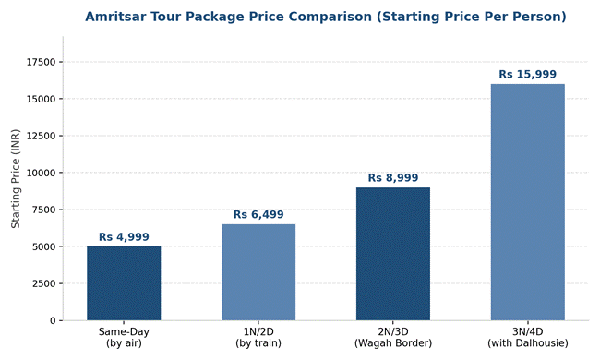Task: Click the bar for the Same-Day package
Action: pyautogui.click(x=124, y=283)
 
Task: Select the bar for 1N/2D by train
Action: pyautogui.click(x=258, y=272)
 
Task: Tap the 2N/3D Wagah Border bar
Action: pyautogui.click(x=393, y=254)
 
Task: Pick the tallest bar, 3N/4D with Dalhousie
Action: pyautogui.click(x=528, y=202)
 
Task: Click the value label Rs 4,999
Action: pyautogui.click(x=124, y=237)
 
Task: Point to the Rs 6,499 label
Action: pyautogui.click(x=258, y=215)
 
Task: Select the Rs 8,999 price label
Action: pyautogui.click(x=393, y=178)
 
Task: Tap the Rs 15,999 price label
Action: pyautogui.click(x=528, y=74)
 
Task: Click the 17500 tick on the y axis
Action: pyautogui.click(x=41, y=62)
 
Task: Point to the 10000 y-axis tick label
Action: pyautogui.click(x=41, y=173)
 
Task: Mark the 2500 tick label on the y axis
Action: pyautogui.click(x=43, y=284)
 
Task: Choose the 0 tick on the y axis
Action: pyautogui.click(x=53, y=320)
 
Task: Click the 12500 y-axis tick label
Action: pyautogui.click(x=41, y=136)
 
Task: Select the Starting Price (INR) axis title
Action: pyautogui.click(x=16, y=179)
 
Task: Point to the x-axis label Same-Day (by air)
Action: pyautogui.click(x=124, y=338)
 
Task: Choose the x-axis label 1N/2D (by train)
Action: pyautogui.click(x=258, y=338)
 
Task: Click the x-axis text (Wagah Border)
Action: pyautogui.click(x=393, y=343)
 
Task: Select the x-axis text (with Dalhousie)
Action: pyautogui.click(x=528, y=343)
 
